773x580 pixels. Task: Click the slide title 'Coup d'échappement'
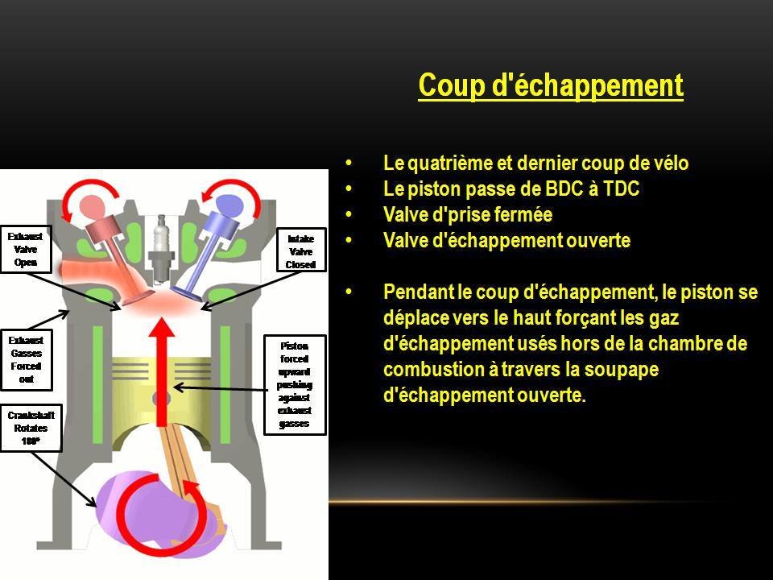(551, 85)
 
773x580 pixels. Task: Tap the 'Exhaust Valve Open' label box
(25, 250)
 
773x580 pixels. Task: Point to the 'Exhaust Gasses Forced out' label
(25, 359)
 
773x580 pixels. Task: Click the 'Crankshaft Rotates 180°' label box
(30, 428)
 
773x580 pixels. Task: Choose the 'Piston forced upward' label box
(294, 384)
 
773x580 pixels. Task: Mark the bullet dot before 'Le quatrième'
(348, 164)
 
